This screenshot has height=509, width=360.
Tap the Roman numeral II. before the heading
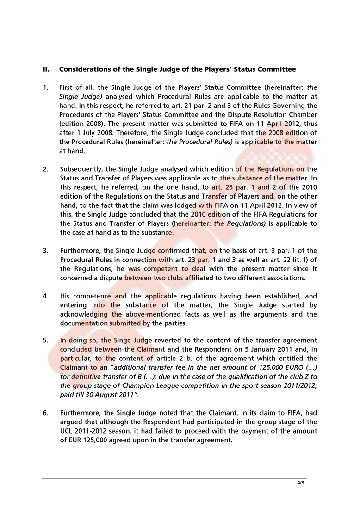46,70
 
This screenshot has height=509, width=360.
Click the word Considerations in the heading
84,70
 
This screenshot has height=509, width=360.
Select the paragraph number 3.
46,251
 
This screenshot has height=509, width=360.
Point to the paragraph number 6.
46,413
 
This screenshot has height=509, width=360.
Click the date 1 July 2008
91,132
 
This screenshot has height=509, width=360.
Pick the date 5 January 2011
263,349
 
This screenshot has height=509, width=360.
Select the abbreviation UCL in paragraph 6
67,431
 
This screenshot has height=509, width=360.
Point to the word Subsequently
81,169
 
